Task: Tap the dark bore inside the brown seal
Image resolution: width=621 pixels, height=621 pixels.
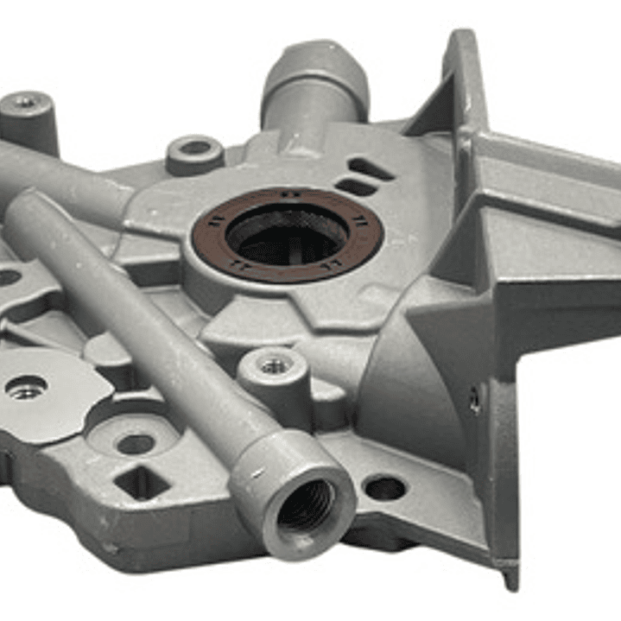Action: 288,235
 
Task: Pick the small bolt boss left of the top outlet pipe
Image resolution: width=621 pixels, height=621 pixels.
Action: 195,152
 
